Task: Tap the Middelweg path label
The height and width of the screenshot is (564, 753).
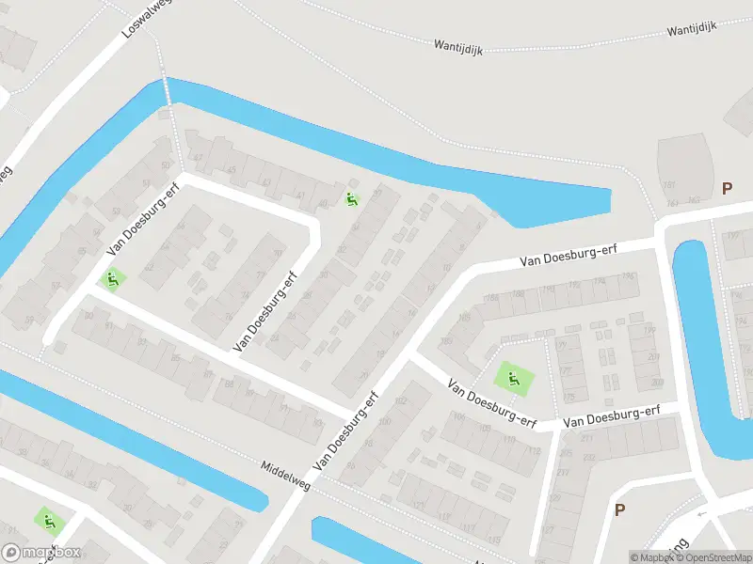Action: tap(285, 467)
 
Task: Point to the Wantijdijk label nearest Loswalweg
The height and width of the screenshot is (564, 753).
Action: tap(458, 46)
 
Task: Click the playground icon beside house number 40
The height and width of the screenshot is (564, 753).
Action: tap(352, 199)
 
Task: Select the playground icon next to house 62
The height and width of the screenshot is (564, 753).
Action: tap(112, 279)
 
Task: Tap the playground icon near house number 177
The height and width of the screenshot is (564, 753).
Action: tap(514, 380)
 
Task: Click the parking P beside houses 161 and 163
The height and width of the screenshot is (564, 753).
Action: tap(726, 189)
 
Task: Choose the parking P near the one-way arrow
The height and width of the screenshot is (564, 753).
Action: tap(619, 510)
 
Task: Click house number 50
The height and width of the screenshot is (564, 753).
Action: tap(168, 166)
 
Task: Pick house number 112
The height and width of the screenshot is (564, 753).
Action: tap(535, 451)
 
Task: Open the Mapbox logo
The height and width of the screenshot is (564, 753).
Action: tap(27, 553)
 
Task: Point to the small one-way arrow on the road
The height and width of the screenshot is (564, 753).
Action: tap(701, 514)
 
